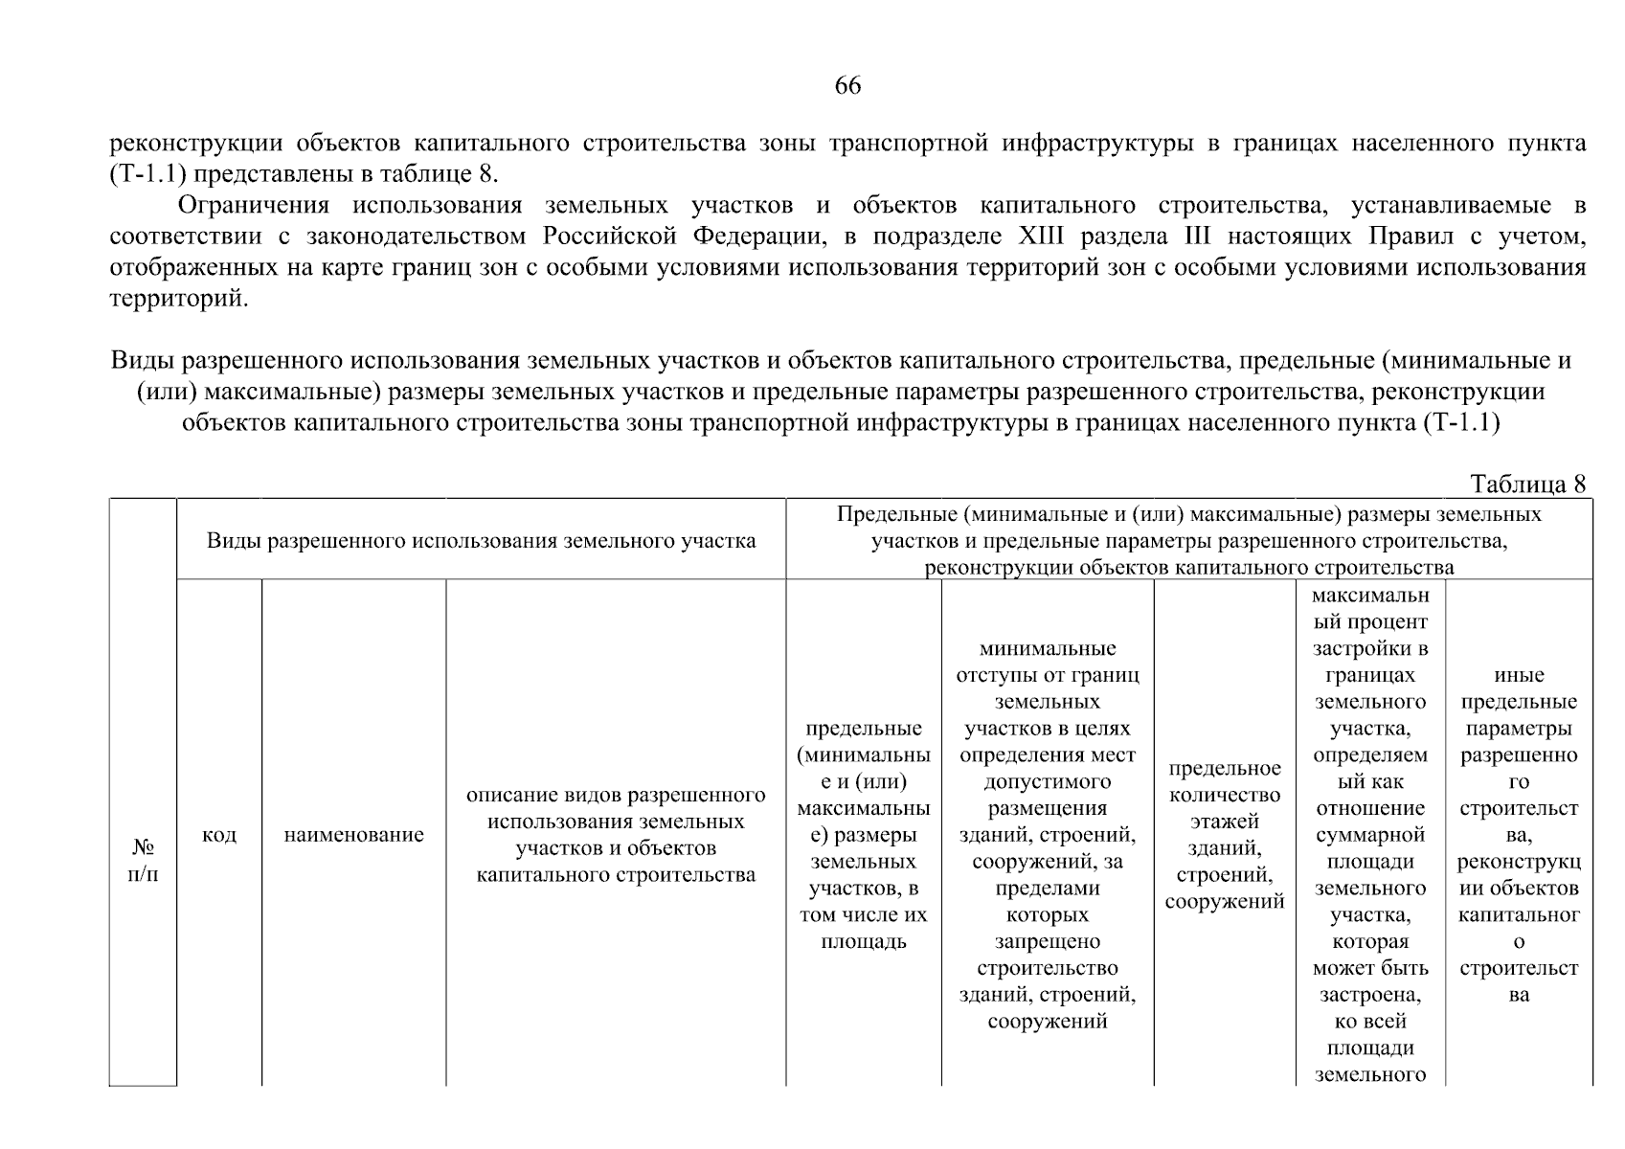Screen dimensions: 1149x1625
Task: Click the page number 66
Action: pyautogui.click(x=847, y=86)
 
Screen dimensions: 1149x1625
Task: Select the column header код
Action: pyautogui.click(x=219, y=835)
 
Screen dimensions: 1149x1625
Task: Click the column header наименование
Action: pyautogui.click(x=353, y=835)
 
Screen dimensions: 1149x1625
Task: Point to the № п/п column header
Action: pyautogui.click(x=143, y=861)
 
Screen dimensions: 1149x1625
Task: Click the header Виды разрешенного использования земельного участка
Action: pyautogui.click(x=481, y=541)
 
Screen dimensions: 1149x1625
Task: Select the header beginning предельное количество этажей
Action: pyautogui.click(x=1224, y=834)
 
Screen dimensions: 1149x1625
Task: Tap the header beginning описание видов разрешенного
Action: pyautogui.click(x=616, y=835)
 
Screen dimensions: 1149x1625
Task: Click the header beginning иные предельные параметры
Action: pyautogui.click(x=1518, y=834)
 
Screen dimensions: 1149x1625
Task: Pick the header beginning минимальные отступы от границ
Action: pyautogui.click(x=1047, y=834)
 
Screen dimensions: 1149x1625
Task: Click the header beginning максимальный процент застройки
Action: pyautogui.click(x=1369, y=834)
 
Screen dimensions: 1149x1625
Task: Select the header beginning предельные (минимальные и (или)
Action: pyautogui.click(x=863, y=834)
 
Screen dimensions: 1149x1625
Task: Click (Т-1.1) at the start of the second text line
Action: pyautogui.click(x=141, y=175)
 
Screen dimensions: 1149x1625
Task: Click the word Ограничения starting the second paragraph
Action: pyautogui.click(x=254, y=206)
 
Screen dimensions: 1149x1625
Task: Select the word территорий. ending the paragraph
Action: pyautogui.click(x=178, y=299)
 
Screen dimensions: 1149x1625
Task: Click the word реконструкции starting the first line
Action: pyautogui.click(x=195, y=145)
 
